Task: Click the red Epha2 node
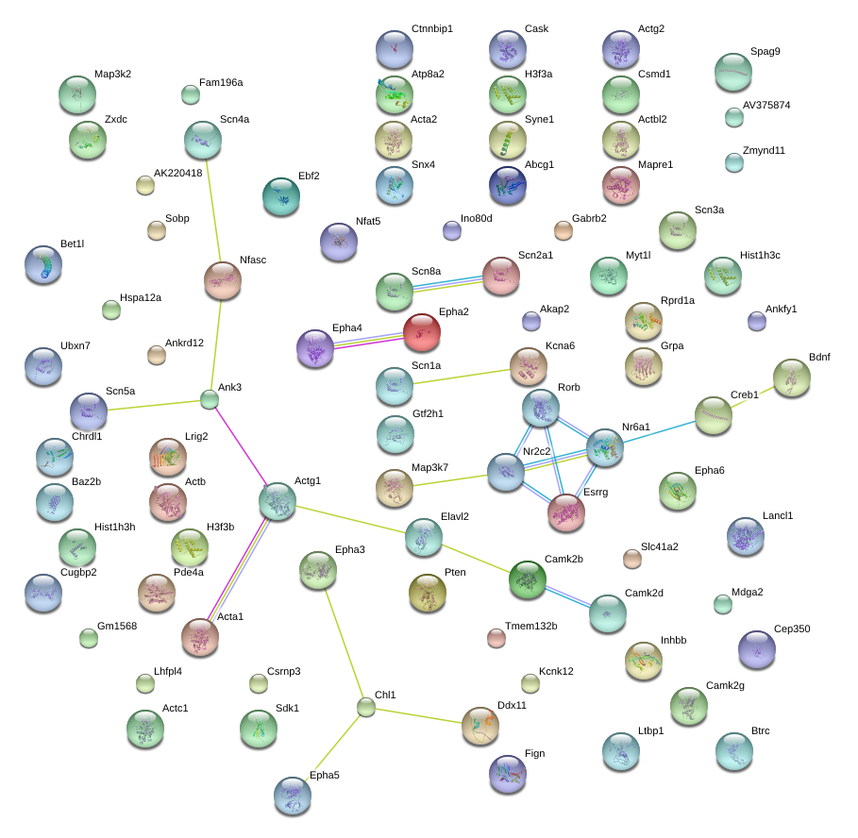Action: coord(422,332)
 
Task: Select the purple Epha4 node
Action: coord(315,348)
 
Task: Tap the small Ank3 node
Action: coord(209,399)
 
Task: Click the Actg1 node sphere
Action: coord(278,501)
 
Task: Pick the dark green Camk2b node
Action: coord(528,579)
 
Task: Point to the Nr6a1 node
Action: coord(605,447)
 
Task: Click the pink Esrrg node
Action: coord(566,512)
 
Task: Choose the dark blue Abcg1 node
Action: coord(508,185)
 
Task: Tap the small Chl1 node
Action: coord(366,707)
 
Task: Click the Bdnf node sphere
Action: coord(792,377)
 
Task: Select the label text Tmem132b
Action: coord(530,626)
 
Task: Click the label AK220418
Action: coord(177,173)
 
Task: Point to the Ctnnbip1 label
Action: coord(432,28)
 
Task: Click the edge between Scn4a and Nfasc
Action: coord(214,210)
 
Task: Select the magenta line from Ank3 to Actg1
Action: coord(241,445)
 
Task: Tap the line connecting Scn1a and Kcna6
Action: coord(462,377)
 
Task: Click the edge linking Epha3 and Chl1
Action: coord(344,644)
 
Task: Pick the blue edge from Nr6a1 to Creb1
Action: coord(660,431)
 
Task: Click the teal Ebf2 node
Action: coord(281,196)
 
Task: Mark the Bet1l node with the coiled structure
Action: coord(43,265)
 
